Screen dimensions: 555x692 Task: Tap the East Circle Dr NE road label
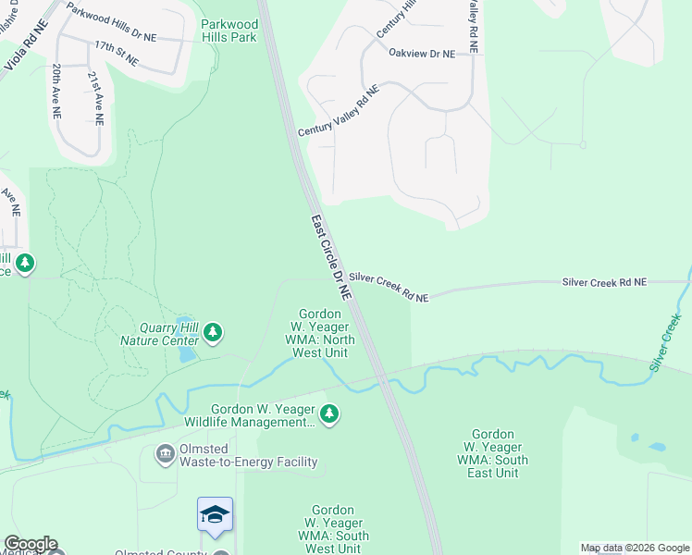pyautogui.click(x=331, y=257)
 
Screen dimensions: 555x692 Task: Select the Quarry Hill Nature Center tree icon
pyautogui.click(x=214, y=331)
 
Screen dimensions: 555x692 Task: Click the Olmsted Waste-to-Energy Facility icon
pyautogui.click(x=165, y=452)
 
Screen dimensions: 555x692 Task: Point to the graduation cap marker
pyautogui.click(x=215, y=515)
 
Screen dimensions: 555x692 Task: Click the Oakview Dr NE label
pyautogui.click(x=422, y=54)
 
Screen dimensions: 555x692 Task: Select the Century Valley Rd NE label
pyautogui.click(x=339, y=113)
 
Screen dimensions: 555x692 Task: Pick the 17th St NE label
pyautogui.click(x=116, y=53)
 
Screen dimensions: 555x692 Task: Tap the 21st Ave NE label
pyautogui.click(x=94, y=99)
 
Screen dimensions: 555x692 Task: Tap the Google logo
pyautogui.click(x=30, y=544)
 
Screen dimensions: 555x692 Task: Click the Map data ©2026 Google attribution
pyautogui.click(x=635, y=548)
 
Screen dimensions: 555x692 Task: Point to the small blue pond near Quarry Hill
pyautogui.click(x=186, y=352)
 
